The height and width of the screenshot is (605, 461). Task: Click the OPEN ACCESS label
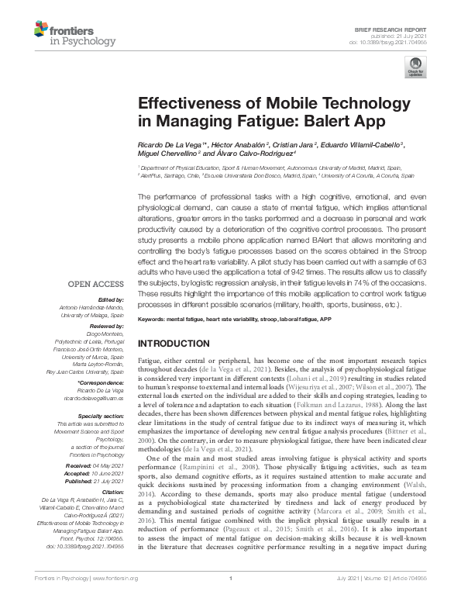pos(95,283)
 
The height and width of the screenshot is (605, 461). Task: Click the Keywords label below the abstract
pos(155,319)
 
